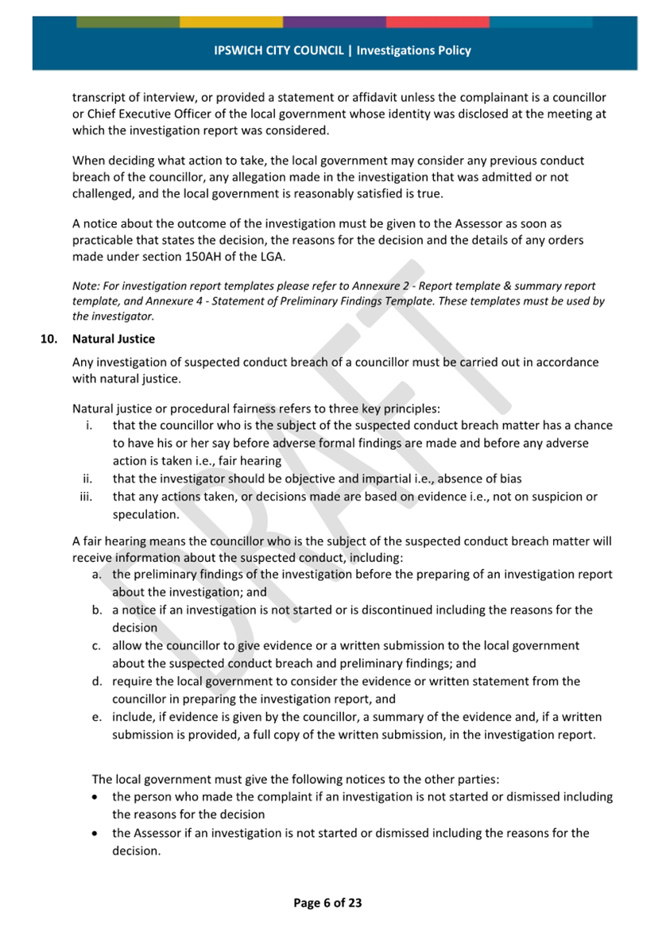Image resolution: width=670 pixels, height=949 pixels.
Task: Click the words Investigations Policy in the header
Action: tap(413, 50)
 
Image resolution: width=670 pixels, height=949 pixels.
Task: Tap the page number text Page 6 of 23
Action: tap(327, 902)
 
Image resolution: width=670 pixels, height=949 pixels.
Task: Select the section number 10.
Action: tap(50, 339)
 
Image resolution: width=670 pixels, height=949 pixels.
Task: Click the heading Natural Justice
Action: tap(114, 339)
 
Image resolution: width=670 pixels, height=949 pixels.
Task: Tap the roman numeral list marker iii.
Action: tap(87, 497)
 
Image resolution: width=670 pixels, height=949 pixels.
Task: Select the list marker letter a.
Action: tap(96, 575)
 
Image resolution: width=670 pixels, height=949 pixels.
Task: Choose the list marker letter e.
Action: tap(96, 717)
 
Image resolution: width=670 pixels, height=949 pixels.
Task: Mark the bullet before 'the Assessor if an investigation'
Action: tap(96, 834)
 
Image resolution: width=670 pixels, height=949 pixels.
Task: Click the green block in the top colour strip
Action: tap(127, 21)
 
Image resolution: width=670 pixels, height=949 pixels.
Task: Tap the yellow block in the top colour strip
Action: tap(230, 21)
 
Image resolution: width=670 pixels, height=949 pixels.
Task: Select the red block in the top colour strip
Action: tap(437, 21)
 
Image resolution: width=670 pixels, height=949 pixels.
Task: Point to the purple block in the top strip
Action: tap(334, 21)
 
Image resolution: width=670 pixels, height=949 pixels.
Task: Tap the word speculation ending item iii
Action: tap(145, 514)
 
